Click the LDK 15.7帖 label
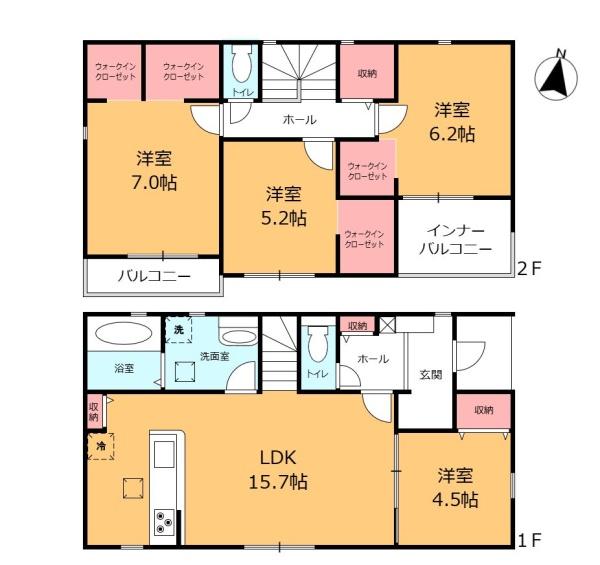278,470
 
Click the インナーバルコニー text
455,240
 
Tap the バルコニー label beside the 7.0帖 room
154,276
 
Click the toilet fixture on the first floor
318,344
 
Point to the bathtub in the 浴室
124,333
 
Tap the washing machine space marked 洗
178,330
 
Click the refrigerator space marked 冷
101,446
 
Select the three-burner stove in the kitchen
164,522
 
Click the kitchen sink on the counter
164,454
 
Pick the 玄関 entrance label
431,374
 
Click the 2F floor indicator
529,269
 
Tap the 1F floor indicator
530,541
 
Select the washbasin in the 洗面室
239,337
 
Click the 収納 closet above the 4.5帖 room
484,411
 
